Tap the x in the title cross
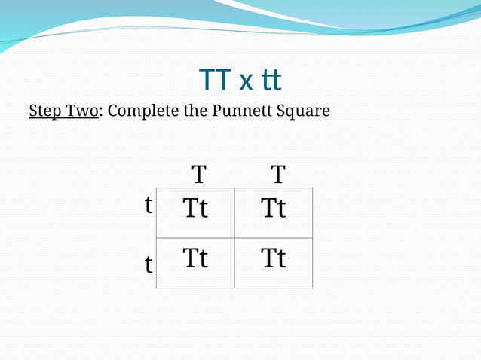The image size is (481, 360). point(246,81)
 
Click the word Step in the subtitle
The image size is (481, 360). point(44,111)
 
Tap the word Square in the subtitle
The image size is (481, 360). point(303,111)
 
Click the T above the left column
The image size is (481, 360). point(198,175)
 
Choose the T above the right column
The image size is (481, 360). point(278,175)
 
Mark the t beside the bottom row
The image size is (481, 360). point(149,264)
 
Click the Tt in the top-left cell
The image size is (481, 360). point(195,208)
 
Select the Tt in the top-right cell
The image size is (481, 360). point(274,208)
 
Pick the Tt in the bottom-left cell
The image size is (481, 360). point(195,258)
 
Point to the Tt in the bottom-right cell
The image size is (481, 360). point(274,258)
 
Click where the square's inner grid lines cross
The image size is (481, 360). point(234,238)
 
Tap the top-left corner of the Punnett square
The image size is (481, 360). point(157,188)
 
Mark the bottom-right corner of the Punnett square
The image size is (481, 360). point(312,288)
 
